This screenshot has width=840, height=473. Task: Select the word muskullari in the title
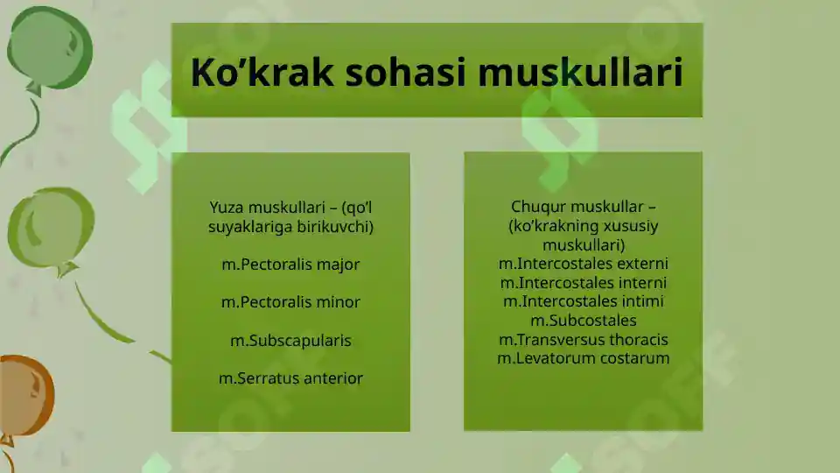coord(580,73)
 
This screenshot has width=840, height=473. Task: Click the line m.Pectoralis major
coord(290,265)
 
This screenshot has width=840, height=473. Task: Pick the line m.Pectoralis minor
coord(290,302)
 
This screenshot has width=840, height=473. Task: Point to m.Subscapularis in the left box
coord(290,341)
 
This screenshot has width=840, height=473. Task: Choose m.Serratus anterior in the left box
coord(290,378)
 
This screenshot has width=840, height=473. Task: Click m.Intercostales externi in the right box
coord(583,264)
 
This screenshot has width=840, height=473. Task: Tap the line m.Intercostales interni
coord(583,283)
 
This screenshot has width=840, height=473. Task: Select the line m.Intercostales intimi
coord(583,301)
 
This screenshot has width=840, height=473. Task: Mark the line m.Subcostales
coord(583,321)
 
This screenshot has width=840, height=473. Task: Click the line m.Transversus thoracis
coord(583,340)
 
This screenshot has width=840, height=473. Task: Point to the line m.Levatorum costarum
coord(583,358)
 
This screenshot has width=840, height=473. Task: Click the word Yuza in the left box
coord(227,208)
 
